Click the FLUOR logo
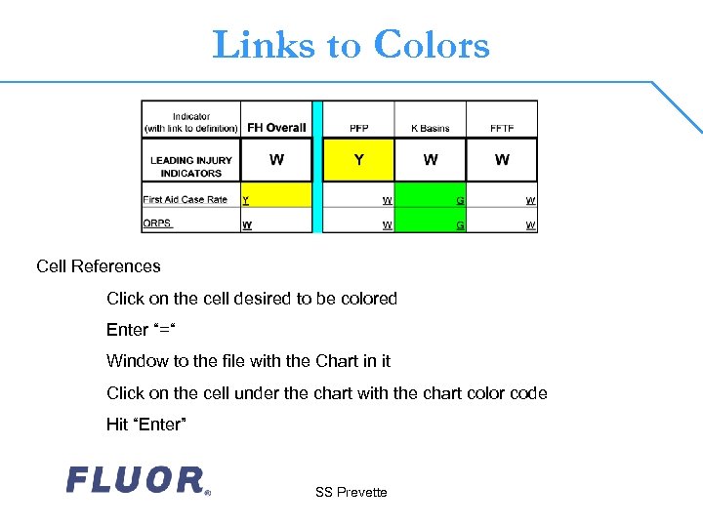click(x=138, y=480)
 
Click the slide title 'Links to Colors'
click(x=351, y=45)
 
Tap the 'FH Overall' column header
click(x=276, y=128)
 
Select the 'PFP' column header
click(x=358, y=128)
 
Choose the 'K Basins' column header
click(x=430, y=128)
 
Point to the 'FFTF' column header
click(x=502, y=128)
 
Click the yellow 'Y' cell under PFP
click(x=358, y=159)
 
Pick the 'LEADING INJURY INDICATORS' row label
click(x=191, y=166)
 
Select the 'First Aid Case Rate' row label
click(x=186, y=200)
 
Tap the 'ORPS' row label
click(x=157, y=223)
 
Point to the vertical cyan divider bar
click(x=317, y=167)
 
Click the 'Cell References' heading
click(x=99, y=266)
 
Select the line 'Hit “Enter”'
click(x=146, y=425)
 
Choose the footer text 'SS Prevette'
click(x=351, y=492)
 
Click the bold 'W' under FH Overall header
click(x=276, y=159)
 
